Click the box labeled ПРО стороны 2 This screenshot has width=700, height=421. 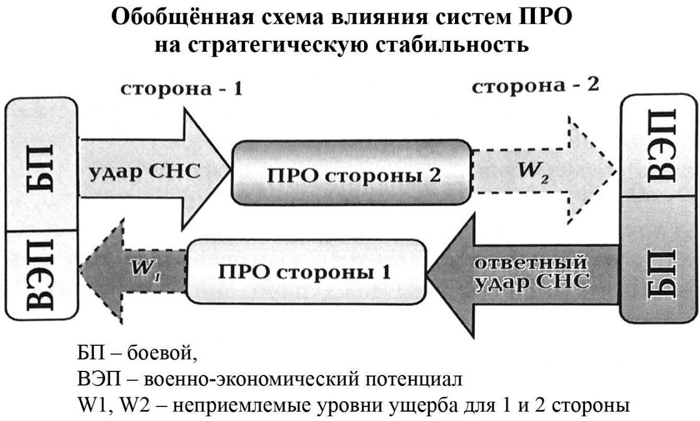(x=351, y=173)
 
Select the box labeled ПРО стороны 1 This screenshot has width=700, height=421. (x=306, y=271)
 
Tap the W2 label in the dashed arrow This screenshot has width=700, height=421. (x=533, y=172)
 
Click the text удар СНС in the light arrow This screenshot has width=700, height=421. (x=145, y=171)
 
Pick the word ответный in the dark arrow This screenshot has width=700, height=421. (x=530, y=262)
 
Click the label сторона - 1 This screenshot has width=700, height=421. (x=181, y=89)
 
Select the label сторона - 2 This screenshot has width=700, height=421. (x=535, y=86)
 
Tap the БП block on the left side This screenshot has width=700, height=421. (x=41, y=164)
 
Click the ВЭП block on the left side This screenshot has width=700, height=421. (x=41, y=275)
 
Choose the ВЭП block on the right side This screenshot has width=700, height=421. (x=659, y=145)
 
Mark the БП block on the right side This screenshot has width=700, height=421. (x=659, y=260)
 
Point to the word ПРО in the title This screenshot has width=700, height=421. (x=545, y=17)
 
